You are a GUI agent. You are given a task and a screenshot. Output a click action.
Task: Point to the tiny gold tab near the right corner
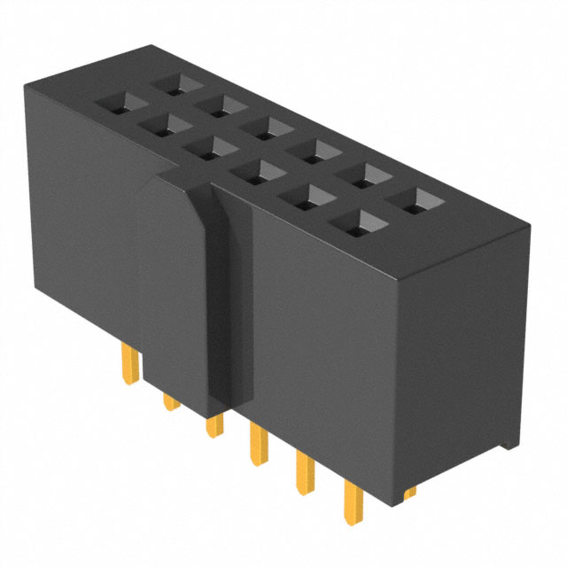[x=408, y=490]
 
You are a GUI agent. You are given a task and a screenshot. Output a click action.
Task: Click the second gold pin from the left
[x=169, y=403]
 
